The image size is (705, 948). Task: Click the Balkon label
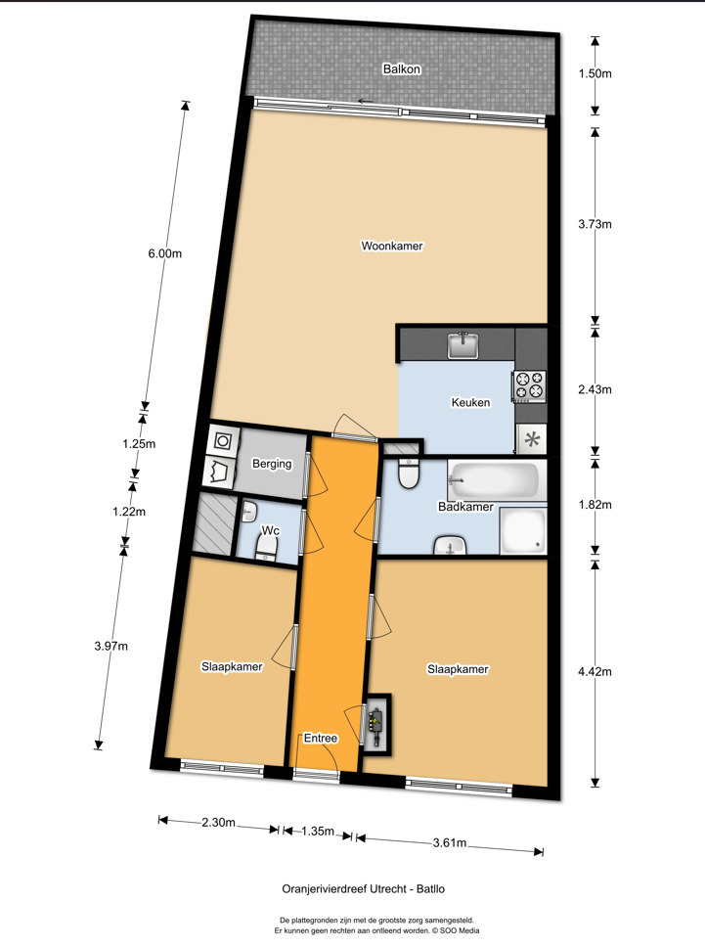coord(401,68)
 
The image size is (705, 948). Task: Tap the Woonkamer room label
coord(392,246)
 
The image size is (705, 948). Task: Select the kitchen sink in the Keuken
coord(463,345)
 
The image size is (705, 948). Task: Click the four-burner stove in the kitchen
coord(529,385)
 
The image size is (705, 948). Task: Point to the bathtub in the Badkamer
coord(494,480)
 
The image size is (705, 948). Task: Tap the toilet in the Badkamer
coord(409,474)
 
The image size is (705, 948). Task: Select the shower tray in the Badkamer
coord(523,531)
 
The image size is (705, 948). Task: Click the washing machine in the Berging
coord(222,441)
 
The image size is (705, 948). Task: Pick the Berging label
coord(272,464)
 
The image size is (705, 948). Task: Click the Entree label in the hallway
coord(320,738)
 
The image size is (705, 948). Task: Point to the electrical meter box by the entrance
coord(377,723)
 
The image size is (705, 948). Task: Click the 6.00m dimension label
coord(165,253)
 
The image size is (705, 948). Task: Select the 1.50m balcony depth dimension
coord(595,73)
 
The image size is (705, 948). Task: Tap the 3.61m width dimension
coord(450,842)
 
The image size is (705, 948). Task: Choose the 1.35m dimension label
coord(318,832)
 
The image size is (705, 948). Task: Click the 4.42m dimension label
coord(595,671)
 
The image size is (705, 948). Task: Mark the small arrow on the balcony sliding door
coord(366,101)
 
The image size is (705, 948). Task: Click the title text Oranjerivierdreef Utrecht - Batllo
coord(364,888)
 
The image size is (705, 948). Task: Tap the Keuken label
coord(470,402)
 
